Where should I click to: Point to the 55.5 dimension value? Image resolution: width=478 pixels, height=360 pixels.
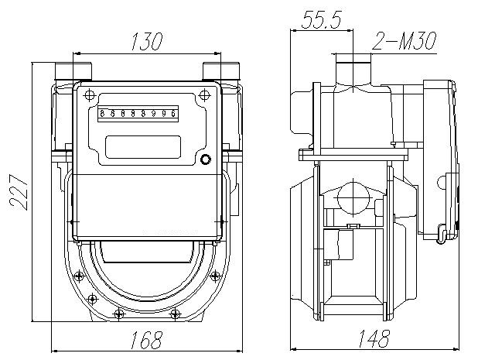321,22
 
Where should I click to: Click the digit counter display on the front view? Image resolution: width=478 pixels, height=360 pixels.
138,114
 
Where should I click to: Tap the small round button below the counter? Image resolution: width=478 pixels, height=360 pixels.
205,160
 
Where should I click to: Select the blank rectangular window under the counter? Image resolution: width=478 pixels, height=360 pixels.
142,146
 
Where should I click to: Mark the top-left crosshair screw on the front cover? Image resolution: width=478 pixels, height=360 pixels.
89,96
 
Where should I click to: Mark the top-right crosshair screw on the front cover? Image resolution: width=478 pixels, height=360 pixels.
203,96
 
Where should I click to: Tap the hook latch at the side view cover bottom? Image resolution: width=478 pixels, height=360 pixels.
442,232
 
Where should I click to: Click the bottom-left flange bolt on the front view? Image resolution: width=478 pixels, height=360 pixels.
118,314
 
